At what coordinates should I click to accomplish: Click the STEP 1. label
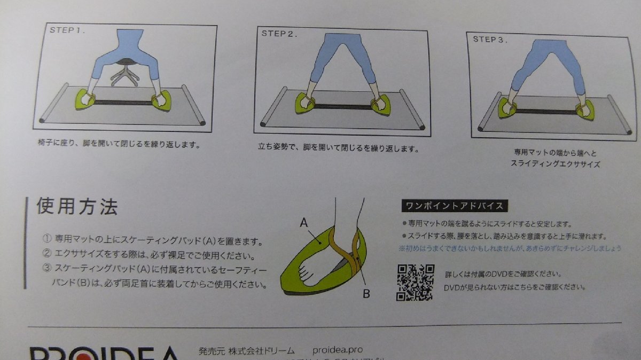[67, 30]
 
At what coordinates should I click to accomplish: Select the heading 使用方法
[77, 206]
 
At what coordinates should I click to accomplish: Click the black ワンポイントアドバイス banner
[454, 206]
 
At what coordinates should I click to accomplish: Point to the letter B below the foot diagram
[366, 293]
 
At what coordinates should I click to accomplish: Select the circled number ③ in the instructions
[46, 270]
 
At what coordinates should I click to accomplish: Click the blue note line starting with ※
[510, 248]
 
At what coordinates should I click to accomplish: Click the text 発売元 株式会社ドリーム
[246, 351]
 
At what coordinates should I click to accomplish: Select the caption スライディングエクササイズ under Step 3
[555, 164]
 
